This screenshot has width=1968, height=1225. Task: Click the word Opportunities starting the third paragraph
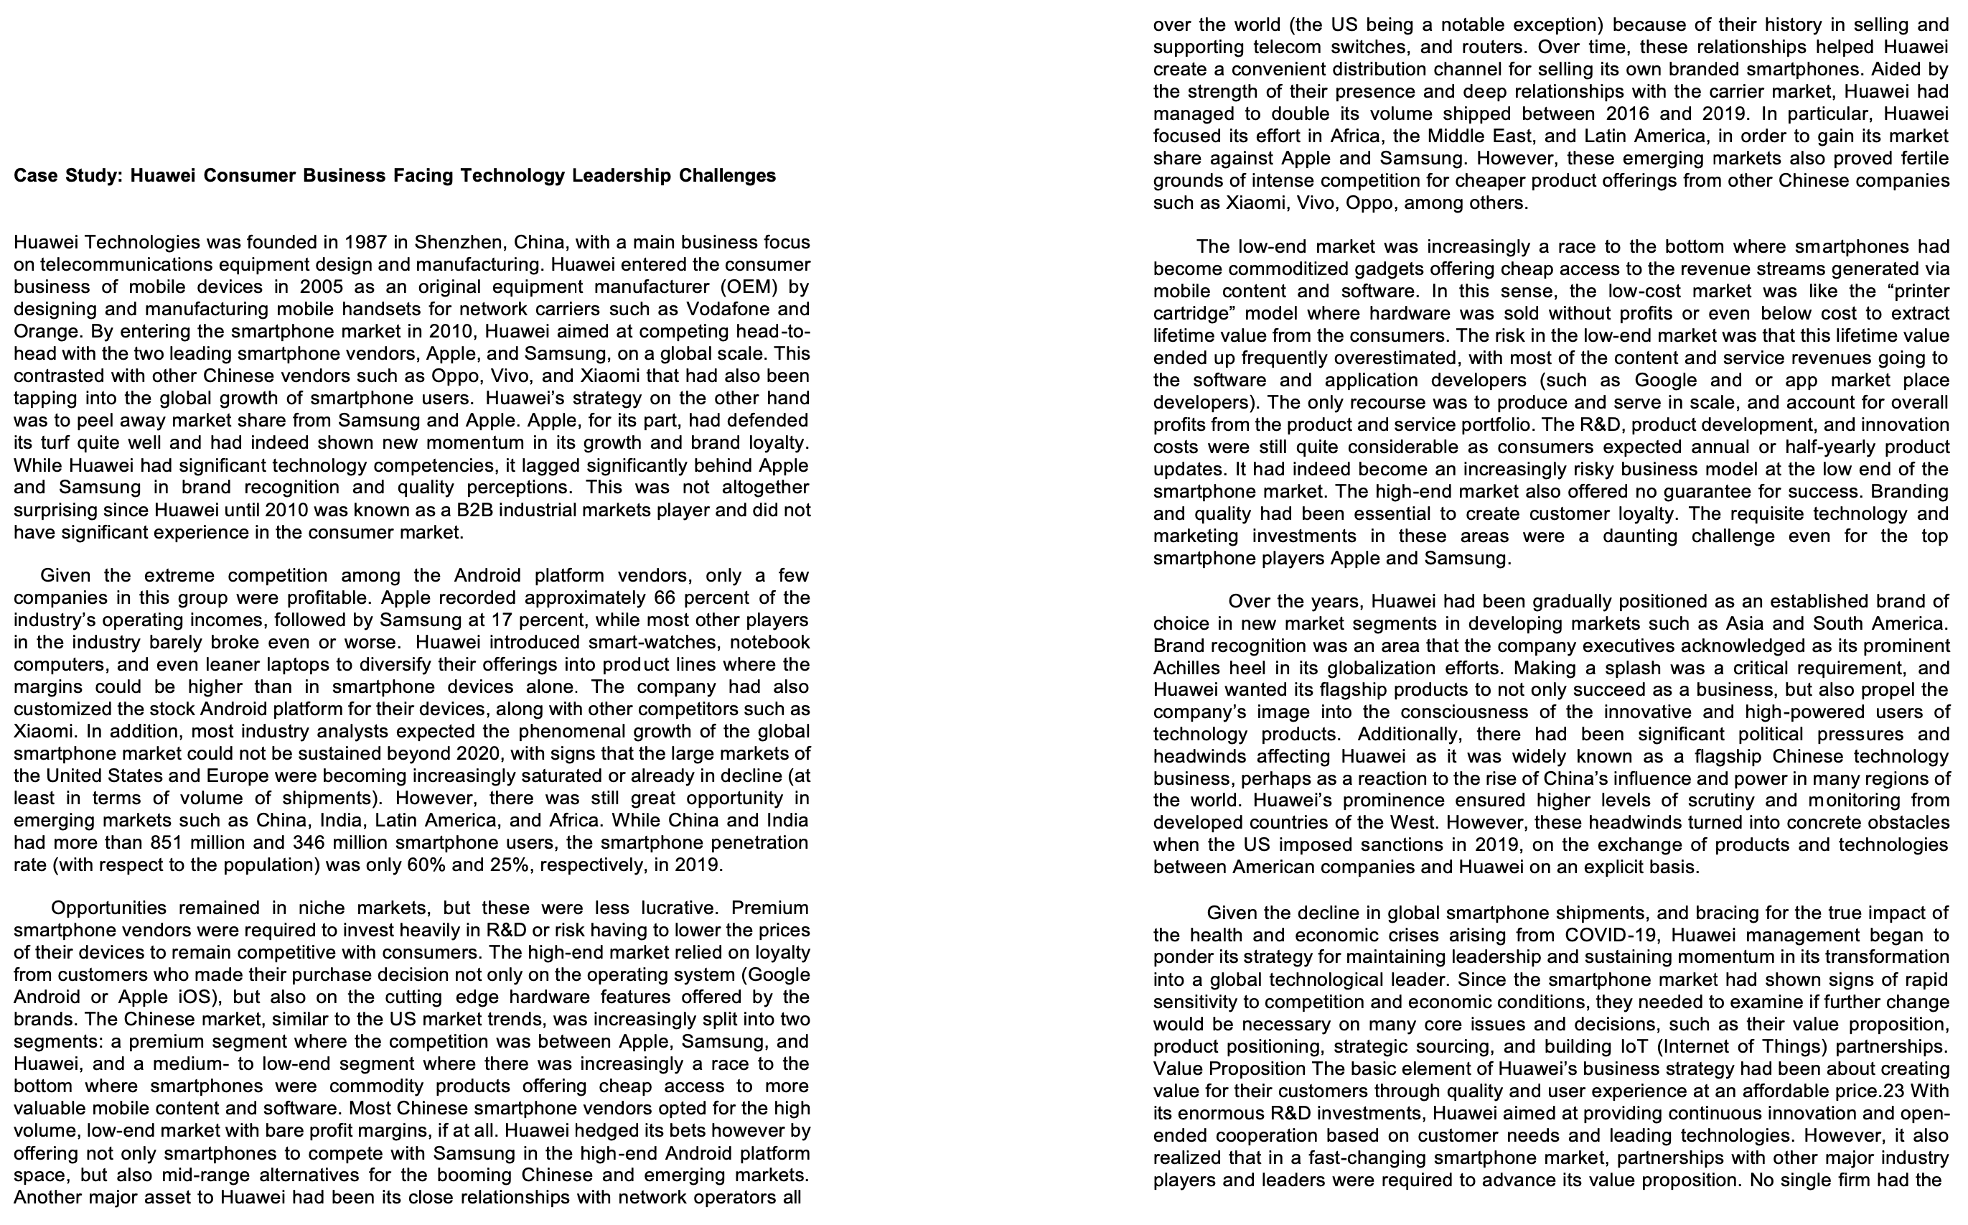click(108, 908)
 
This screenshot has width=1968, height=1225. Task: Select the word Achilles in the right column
click(1187, 669)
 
